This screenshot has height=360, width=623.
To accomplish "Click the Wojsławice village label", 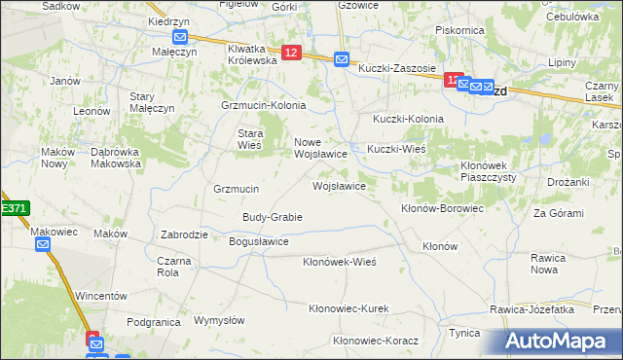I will [338, 185].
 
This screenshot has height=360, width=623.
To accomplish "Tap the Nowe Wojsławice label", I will [321, 148].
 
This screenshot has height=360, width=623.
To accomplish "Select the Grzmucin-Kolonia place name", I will [264, 105].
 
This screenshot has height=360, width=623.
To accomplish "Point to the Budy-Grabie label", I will [272, 217].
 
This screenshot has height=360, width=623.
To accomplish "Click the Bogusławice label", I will [258, 241].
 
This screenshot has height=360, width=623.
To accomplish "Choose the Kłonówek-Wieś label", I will [339, 262].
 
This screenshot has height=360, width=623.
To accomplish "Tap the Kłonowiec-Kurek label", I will [348, 308].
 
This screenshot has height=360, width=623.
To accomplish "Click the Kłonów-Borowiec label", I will [442, 208].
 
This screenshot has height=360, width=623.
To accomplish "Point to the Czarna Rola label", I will [175, 266].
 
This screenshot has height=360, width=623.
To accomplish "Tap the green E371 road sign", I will [14, 208].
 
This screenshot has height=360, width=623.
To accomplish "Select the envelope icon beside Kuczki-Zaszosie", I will [342, 59].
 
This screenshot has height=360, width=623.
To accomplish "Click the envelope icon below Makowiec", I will [43, 244].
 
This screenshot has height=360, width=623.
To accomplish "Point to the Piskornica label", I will [460, 30].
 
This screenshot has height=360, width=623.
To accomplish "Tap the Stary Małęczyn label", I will [151, 102].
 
